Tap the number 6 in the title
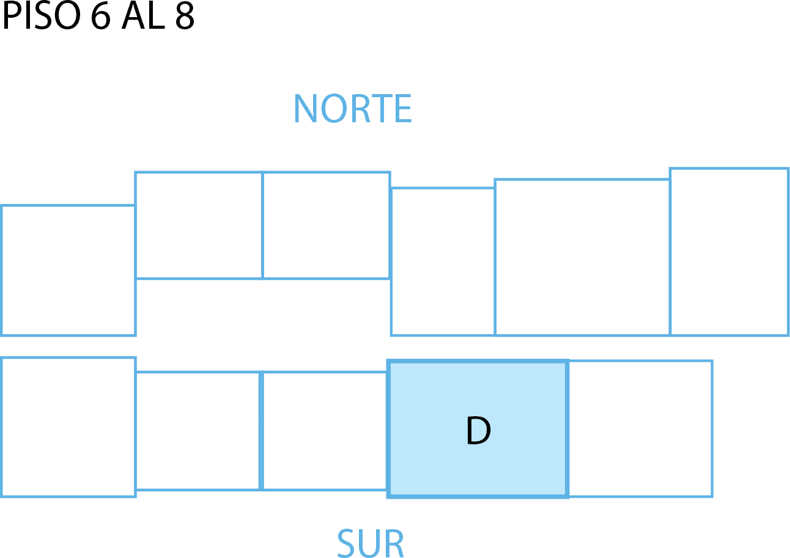[x=102, y=17]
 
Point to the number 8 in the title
[x=184, y=17]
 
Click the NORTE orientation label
[x=353, y=109]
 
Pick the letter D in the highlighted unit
[x=478, y=431]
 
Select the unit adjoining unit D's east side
[x=640, y=428]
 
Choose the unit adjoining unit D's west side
[x=324, y=430]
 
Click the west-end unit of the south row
[x=68, y=427]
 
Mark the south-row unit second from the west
[x=197, y=430]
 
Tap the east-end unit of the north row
[x=729, y=251]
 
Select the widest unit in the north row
[x=582, y=257]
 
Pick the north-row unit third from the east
[x=443, y=262]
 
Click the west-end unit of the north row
[x=68, y=270]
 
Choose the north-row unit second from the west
[x=199, y=225]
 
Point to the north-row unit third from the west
[x=327, y=225]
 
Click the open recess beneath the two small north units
[x=263, y=307]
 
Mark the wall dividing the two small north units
[x=262, y=225]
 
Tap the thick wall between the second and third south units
[x=261, y=430]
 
